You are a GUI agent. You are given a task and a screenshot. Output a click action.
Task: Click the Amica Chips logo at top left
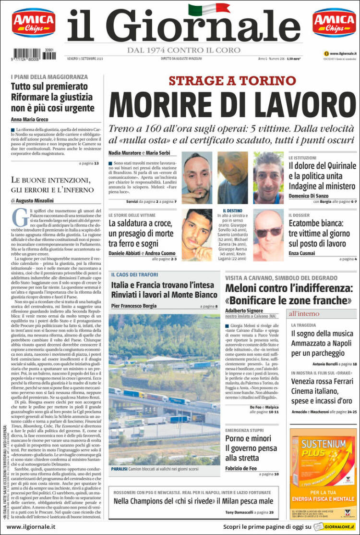(x=34, y=23)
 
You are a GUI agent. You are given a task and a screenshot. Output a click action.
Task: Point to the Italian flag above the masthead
(x=202, y=9)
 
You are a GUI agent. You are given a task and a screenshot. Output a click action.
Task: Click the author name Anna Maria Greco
(x=30, y=120)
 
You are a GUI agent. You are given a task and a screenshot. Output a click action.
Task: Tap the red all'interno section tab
(x=303, y=314)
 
